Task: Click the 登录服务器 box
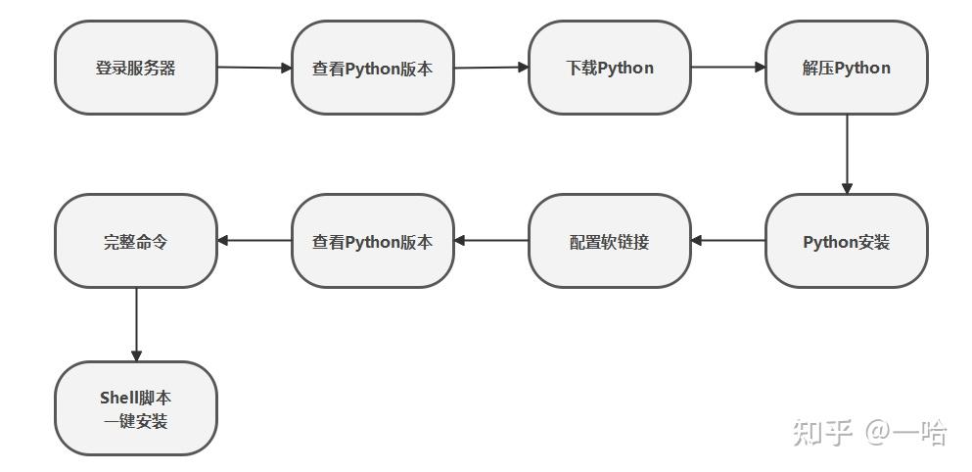coord(136,68)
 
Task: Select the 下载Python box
coord(610,68)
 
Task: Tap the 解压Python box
coord(846,68)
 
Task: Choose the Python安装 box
coord(846,241)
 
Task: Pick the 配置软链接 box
coord(610,241)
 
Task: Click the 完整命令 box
coord(136,241)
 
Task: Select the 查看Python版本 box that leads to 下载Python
coord(373,68)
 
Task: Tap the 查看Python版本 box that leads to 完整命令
coord(373,241)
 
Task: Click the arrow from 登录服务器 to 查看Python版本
coord(255,68)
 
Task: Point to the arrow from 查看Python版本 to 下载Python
coord(491,68)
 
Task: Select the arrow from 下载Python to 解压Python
coord(728,67)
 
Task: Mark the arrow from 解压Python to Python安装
coord(847,155)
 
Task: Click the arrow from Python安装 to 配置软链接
coord(727,240)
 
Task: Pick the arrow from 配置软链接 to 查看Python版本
coord(491,240)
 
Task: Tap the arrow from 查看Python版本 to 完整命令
coord(255,240)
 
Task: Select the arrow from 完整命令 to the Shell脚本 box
coord(136,324)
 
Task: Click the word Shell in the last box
coord(116,398)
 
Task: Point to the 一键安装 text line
coord(136,422)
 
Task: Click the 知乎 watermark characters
coord(822,432)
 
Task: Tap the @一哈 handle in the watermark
coord(906,432)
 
